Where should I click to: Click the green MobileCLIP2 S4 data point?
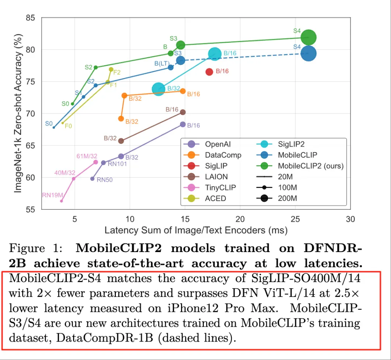308,37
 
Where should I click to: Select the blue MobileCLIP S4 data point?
308,53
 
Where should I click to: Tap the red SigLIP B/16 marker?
209,72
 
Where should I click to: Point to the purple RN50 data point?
92,179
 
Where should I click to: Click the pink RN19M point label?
52,195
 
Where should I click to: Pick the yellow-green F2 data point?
111,69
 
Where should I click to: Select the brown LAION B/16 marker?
183,112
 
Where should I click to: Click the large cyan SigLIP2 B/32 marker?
158,89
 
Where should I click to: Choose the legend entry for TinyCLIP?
210,187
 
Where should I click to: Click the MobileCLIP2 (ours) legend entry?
300,166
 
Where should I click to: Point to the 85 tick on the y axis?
30,18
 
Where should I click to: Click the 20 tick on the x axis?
240,219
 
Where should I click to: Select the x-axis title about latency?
196,230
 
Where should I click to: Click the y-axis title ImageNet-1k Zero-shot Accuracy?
18,113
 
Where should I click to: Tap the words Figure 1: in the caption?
35,248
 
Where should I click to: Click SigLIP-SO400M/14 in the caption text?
306,279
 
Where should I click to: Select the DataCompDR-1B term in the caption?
105,338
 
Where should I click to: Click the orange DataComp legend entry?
212,155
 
